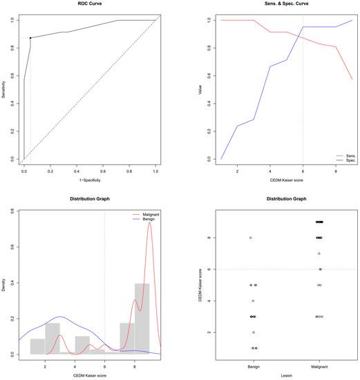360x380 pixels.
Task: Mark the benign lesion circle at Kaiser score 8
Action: pyautogui.click(x=250, y=238)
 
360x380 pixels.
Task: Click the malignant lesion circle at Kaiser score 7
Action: pyautogui.click(x=319, y=254)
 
